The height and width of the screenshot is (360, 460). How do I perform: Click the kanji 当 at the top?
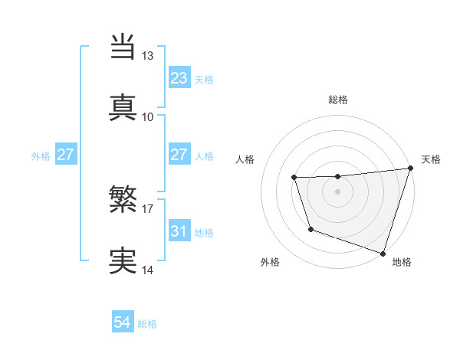click(x=123, y=46)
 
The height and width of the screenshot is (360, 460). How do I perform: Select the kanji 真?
click(x=123, y=106)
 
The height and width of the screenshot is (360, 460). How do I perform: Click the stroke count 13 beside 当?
click(x=148, y=56)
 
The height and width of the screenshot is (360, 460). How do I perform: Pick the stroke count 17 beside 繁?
click(x=148, y=208)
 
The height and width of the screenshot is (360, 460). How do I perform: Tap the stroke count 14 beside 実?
click(x=148, y=270)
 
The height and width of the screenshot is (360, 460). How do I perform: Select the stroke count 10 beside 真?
click(x=148, y=116)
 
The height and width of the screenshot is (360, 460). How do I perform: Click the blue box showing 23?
click(x=179, y=77)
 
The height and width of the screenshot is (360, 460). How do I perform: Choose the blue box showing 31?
click(x=179, y=231)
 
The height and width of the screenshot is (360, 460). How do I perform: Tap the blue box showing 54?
click(x=123, y=323)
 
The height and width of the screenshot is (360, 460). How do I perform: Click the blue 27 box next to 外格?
click(x=66, y=155)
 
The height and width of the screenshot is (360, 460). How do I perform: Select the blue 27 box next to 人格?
click(x=179, y=155)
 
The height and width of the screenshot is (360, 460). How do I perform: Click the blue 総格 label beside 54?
click(x=147, y=324)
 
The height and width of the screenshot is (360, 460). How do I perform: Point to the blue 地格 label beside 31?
click(x=204, y=232)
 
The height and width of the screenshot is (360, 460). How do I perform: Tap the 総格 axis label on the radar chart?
click(x=338, y=100)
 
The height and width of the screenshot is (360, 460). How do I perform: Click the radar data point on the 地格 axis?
click(x=382, y=252)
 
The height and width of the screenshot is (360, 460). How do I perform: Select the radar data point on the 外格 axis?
click(x=310, y=229)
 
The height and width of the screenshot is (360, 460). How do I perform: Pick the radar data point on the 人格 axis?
click(x=294, y=178)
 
